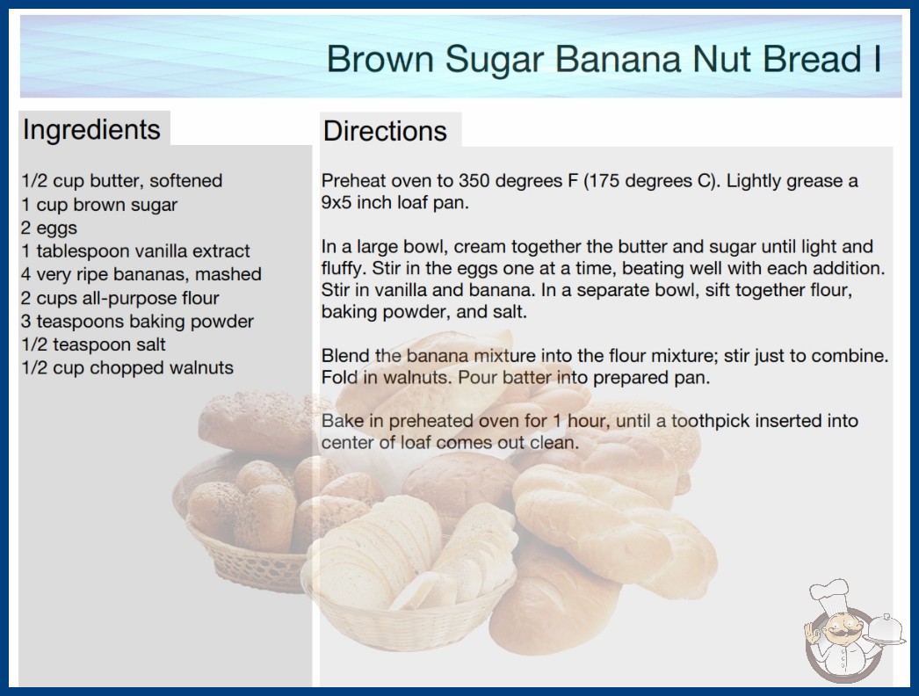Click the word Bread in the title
tap(811, 59)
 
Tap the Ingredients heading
tap(91, 130)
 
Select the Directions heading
tap(385, 131)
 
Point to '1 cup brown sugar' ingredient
tap(99, 205)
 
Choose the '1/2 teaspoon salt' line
tap(94, 344)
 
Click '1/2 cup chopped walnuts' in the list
tap(127, 367)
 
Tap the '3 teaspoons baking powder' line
tap(137, 322)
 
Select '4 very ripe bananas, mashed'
tap(141, 274)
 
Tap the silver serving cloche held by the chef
tap(886, 630)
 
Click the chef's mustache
tap(839, 634)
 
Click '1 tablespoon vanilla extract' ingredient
tap(135, 251)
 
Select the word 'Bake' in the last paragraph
tap(343, 420)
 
